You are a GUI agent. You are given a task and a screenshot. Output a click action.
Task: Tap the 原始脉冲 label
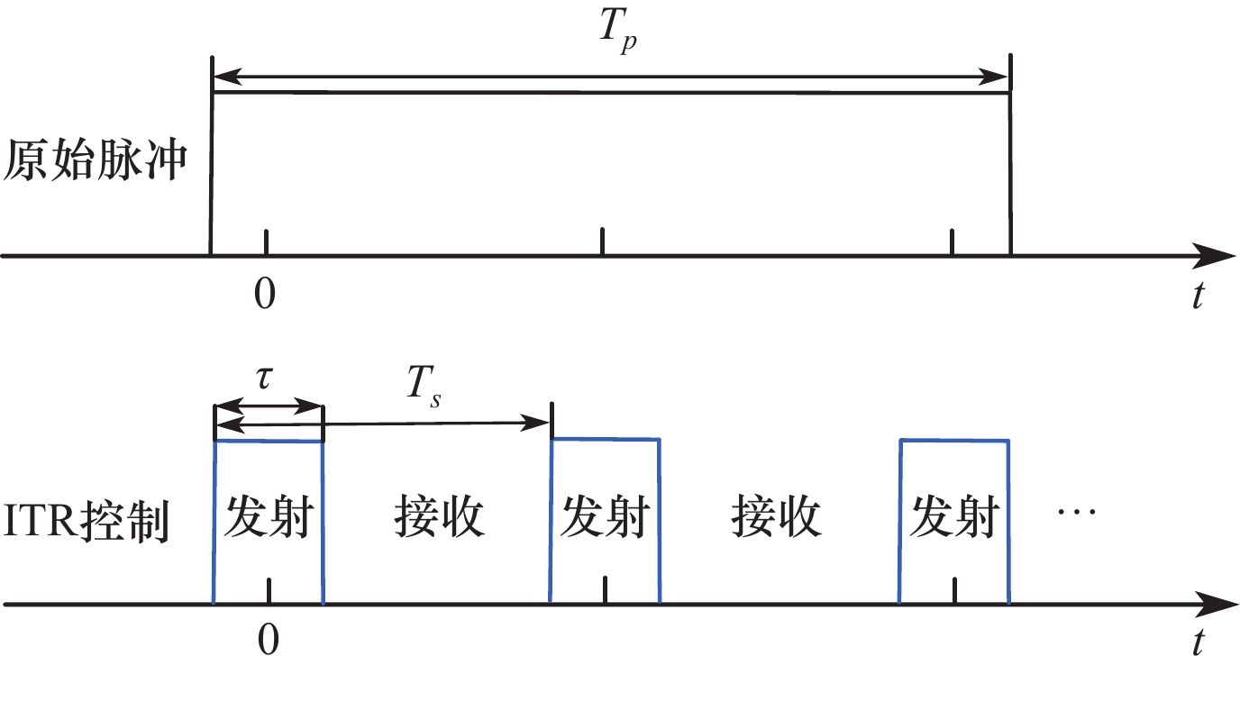tap(96, 163)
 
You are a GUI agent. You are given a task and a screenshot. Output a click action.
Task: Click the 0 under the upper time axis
tap(264, 295)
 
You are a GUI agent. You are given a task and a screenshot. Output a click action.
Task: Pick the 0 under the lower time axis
tap(268, 639)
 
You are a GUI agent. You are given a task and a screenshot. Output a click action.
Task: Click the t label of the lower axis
tap(1197, 642)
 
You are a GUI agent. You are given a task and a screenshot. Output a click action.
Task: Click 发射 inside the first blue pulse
tap(268, 517)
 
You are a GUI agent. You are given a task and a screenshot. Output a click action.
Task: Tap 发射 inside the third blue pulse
tap(954, 517)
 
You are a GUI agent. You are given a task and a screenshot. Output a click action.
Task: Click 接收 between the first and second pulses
tap(440, 517)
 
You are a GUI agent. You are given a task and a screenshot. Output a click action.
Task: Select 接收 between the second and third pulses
tap(777, 517)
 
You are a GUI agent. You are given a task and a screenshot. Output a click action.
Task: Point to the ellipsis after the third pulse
tap(1076, 512)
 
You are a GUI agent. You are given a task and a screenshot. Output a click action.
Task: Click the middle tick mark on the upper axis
tap(602, 242)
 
